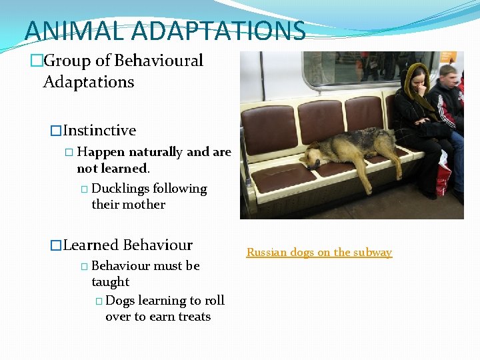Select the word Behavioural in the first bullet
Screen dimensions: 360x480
(x=159, y=61)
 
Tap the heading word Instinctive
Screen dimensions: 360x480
(x=99, y=131)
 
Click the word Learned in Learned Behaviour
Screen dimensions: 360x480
(x=91, y=245)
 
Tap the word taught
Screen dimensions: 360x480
(x=111, y=282)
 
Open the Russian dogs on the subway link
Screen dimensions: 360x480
(x=319, y=252)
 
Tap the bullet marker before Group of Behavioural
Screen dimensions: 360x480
(x=35, y=61)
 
